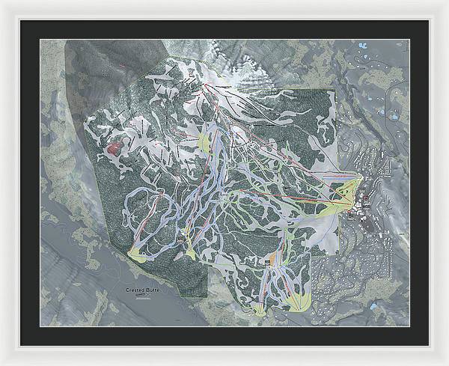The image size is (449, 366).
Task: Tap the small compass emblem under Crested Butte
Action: coord(142,296)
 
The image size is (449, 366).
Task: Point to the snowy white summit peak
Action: coord(247,75)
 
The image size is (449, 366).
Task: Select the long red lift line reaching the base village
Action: coord(299,166)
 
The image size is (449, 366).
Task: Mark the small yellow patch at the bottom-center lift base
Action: coord(260,307)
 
